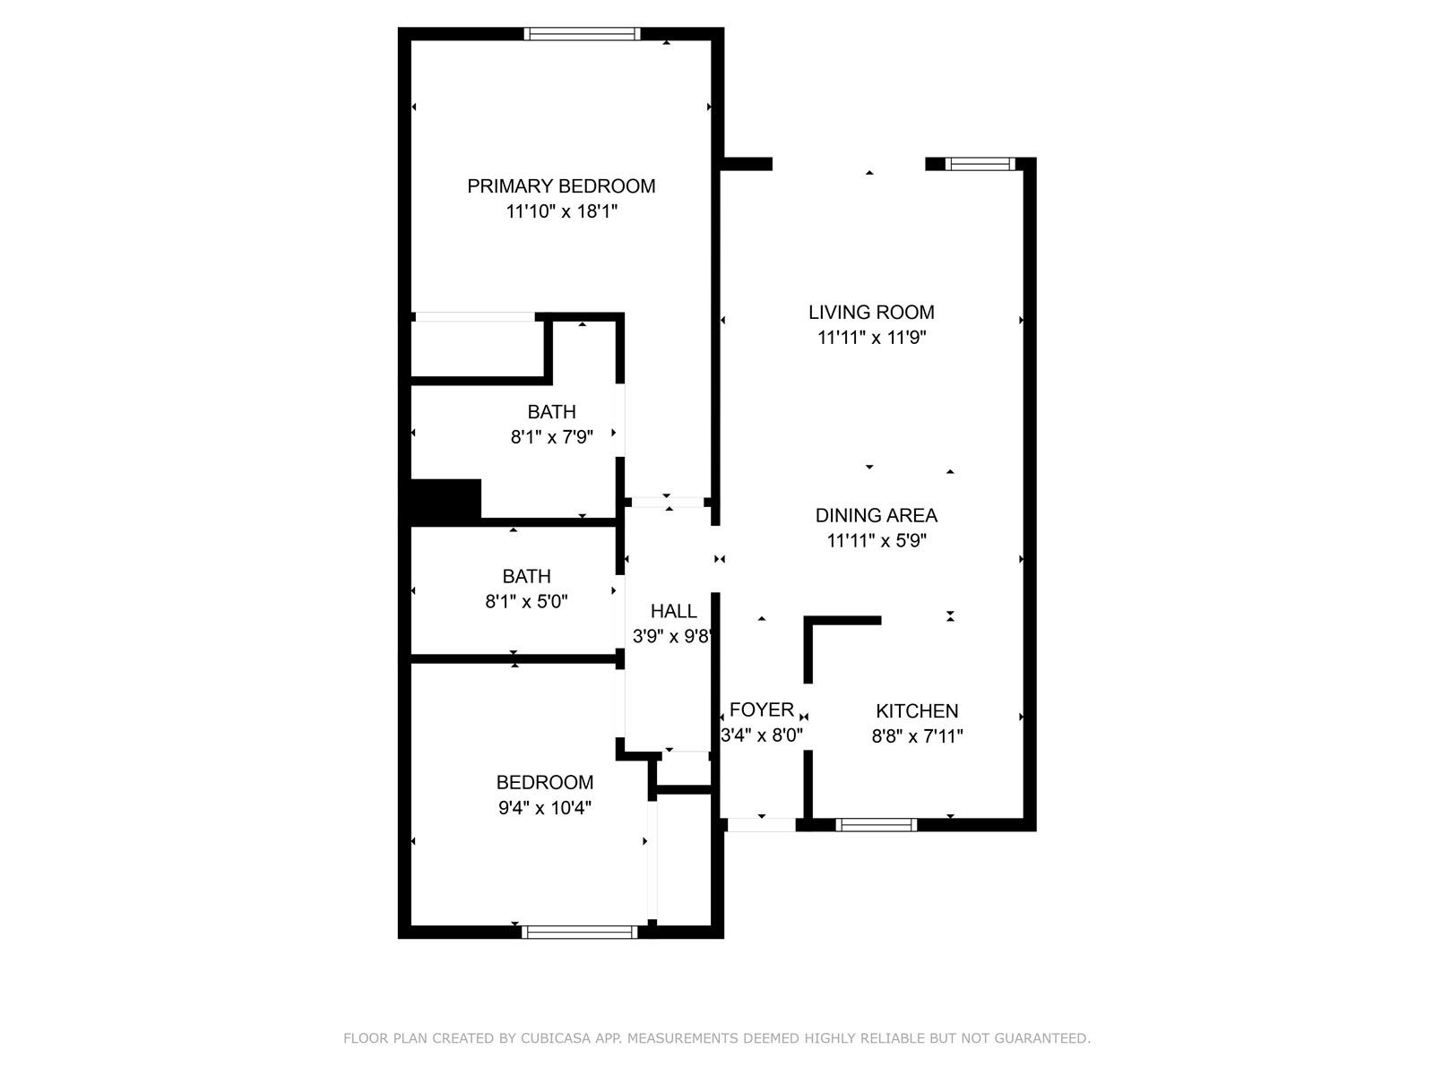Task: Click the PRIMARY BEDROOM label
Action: tap(561, 186)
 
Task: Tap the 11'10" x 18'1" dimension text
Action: tap(562, 212)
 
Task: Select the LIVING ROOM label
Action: tap(871, 313)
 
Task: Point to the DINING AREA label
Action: tap(876, 515)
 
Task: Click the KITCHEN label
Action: tap(917, 711)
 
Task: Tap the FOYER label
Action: tap(761, 710)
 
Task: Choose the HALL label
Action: tap(673, 612)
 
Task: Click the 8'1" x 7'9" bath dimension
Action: tap(552, 438)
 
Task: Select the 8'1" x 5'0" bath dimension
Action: tap(527, 602)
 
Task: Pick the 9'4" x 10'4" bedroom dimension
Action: tap(545, 808)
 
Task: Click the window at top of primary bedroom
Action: tap(582, 34)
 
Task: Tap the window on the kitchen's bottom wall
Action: tap(876, 825)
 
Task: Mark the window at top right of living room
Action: tap(980, 164)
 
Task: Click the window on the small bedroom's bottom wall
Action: tap(580, 933)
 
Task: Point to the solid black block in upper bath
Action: tap(445, 499)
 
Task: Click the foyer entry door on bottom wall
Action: tap(760, 825)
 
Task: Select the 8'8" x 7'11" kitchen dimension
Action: tap(917, 737)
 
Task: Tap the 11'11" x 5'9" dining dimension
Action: tap(876, 541)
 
